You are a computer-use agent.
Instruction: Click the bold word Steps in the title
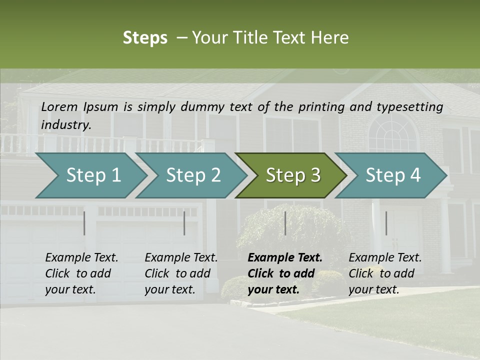145,38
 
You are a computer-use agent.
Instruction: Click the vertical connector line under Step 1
84,223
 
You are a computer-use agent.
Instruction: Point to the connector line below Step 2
184,223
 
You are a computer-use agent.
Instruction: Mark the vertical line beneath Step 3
285,223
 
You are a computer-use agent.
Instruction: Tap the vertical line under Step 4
386,223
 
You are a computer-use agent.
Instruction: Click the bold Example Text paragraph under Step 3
285,273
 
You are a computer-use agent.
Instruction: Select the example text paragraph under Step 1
81,273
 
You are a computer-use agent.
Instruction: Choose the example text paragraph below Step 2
181,273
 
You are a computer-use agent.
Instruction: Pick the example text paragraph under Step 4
385,273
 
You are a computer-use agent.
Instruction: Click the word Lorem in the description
59,106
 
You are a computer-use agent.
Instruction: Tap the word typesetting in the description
409,106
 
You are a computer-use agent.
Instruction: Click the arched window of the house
392,131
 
